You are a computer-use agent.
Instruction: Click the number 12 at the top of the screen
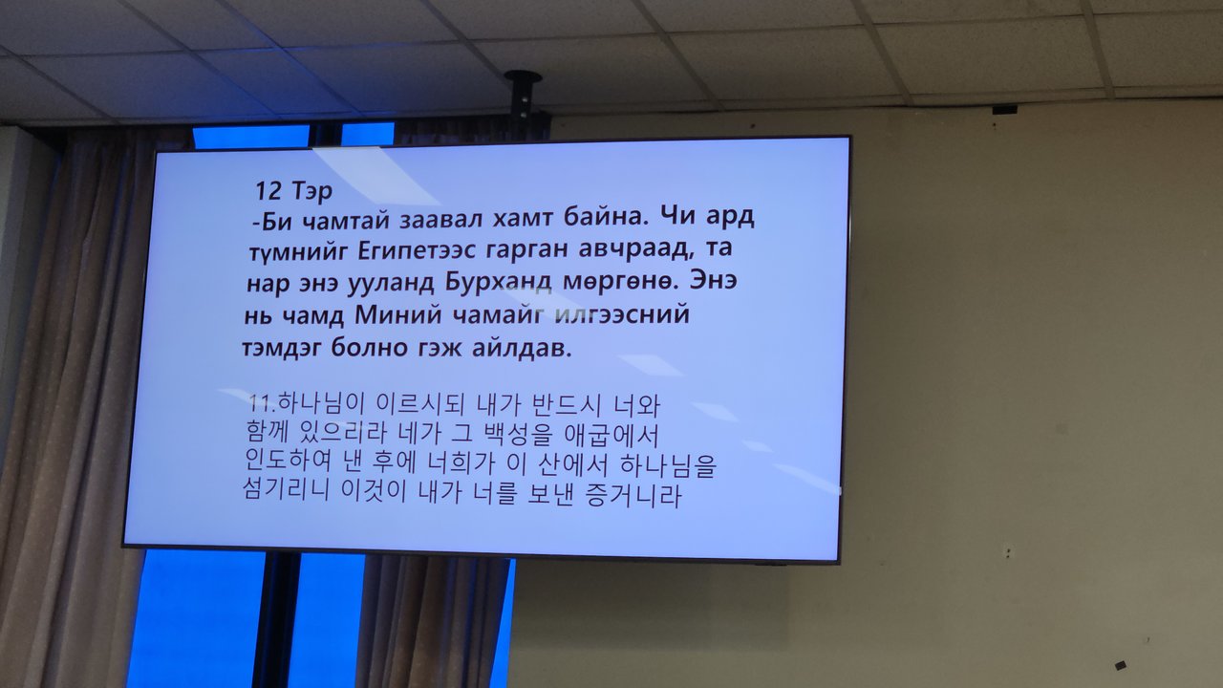coord(268,190)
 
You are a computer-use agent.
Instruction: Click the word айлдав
coord(522,348)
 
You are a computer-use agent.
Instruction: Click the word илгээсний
coord(622,314)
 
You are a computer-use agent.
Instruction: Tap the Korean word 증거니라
coord(633,495)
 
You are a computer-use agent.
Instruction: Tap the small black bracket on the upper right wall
coord(1004,109)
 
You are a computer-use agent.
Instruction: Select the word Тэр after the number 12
coord(311,191)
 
